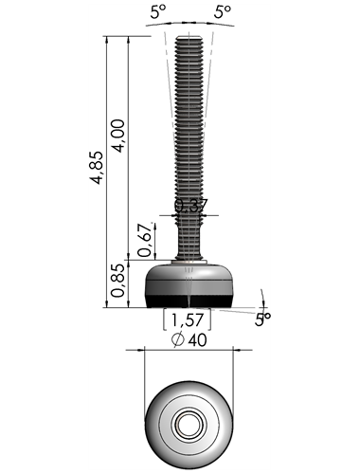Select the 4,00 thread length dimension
tap(118, 136)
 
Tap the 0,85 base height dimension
tap(117, 281)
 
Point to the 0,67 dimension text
tap(144, 240)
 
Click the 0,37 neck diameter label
tap(191, 206)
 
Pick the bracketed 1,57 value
tap(187, 320)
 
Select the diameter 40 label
tap(189, 339)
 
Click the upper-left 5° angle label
tap(158, 12)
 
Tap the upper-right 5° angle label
tap(223, 12)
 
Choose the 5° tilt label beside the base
tap(262, 319)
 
